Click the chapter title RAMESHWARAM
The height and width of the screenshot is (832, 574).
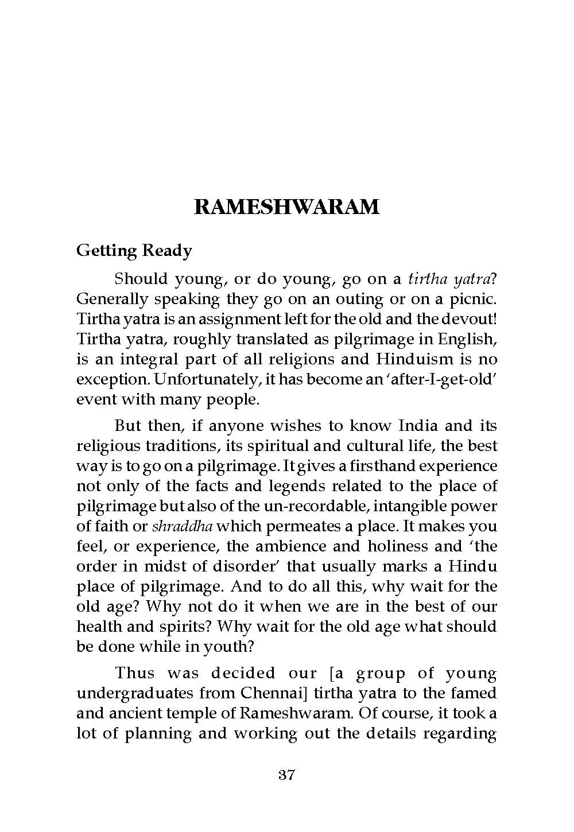click(286, 207)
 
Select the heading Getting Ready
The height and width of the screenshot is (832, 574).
click(134, 251)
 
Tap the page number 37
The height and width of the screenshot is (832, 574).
click(286, 775)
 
